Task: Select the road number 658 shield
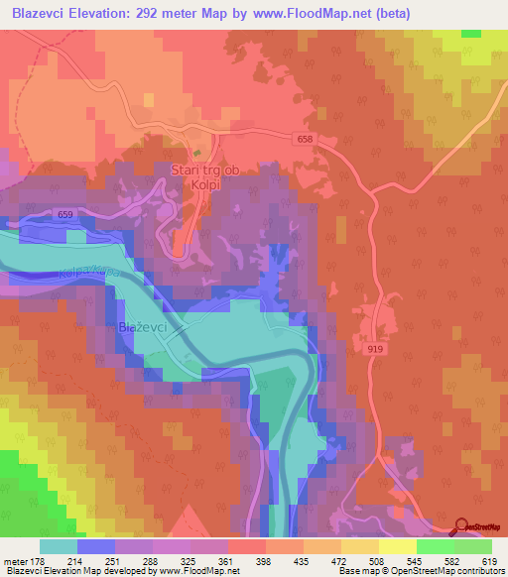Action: point(304,140)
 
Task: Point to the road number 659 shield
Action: point(65,215)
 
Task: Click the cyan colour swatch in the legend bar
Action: point(59,546)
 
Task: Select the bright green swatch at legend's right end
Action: point(473,546)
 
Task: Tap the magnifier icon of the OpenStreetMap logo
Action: point(462,526)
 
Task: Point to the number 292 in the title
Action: point(158,14)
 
